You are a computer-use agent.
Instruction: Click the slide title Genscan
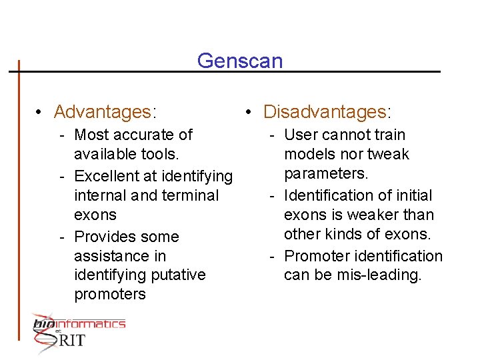pyautogui.click(x=240, y=61)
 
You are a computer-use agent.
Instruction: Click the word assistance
pyautogui.click(x=120, y=256)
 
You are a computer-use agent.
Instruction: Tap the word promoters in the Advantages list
pyautogui.click(x=110, y=295)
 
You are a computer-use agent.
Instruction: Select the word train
pyautogui.click(x=390, y=135)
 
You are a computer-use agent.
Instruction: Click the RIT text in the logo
pyautogui.click(x=71, y=341)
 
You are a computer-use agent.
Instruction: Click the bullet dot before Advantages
pyautogui.click(x=40, y=111)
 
